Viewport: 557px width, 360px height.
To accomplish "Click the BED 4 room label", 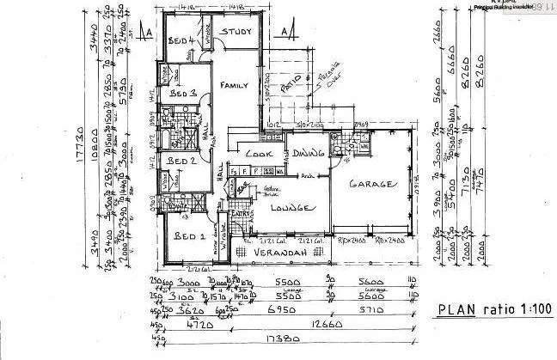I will (x=179, y=41).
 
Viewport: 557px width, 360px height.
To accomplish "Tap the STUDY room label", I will (x=234, y=34).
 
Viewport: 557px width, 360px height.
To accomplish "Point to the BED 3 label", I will (x=184, y=92).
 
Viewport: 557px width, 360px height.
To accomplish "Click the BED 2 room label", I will (x=182, y=160).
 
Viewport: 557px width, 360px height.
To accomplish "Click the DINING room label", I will (x=305, y=155).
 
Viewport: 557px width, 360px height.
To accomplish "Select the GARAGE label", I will (x=371, y=184).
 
